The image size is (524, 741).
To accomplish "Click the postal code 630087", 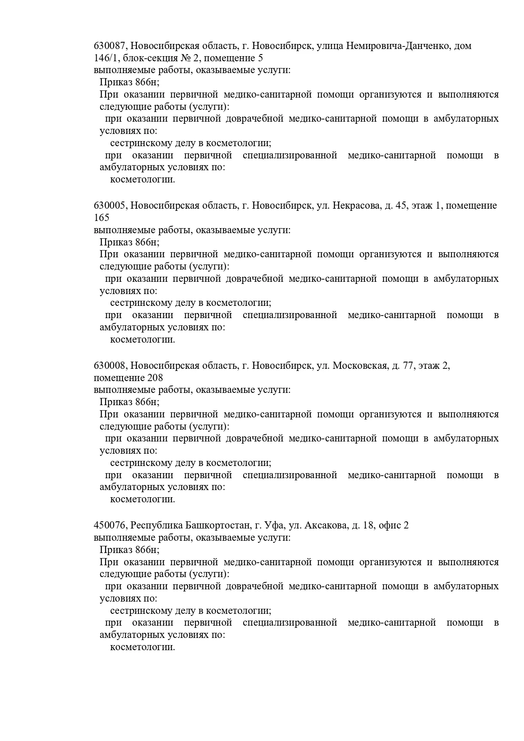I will pyautogui.click(x=110, y=46).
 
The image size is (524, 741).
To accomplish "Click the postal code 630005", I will pyautogui.click(x=110, y=206).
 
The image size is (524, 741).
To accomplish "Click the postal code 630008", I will pyautogui.click(x=110, y=365).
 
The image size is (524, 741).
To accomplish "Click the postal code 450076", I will pyautogui.click(x=110, y=526).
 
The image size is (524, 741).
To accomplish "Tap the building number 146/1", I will pyautogui.click(x=104, y=58).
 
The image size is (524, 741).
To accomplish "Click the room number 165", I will pyautogui.click(x=101, y=218).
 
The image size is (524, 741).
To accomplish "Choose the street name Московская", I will pyautogui.click(x=360, y=365).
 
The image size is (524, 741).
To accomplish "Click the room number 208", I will pyautogui.click(x=155, y=377).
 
